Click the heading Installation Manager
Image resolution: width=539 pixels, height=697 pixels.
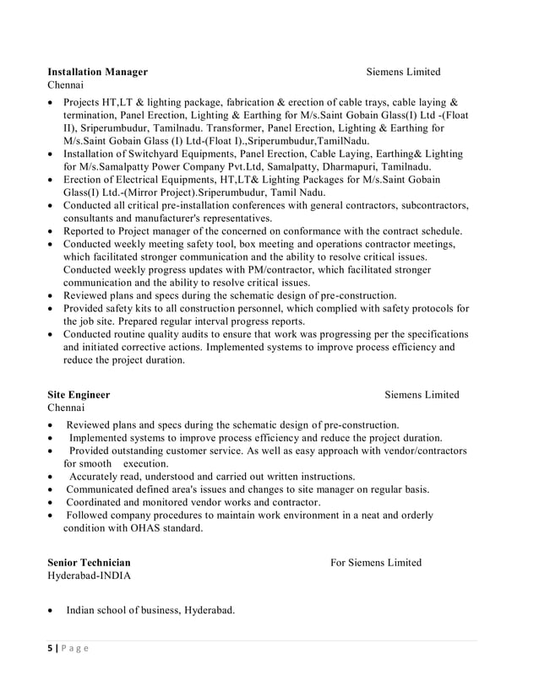[97, 72]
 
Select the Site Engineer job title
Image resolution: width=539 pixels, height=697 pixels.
[79, 395]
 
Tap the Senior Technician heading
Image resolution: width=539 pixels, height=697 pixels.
[89, 562]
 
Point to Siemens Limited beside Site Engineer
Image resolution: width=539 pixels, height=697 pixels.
[422, 395]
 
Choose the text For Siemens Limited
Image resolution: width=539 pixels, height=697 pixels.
[375, 562]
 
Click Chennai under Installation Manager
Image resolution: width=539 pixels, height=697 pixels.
[65, 86]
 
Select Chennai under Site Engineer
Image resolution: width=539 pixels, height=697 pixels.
[65, 408]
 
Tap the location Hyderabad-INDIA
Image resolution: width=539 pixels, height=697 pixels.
[90, 575]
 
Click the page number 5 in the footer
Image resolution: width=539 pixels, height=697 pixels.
[50, 647]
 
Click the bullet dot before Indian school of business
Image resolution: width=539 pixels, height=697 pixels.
[52, 611]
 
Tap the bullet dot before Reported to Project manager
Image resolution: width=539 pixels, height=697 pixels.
[52, 231]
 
